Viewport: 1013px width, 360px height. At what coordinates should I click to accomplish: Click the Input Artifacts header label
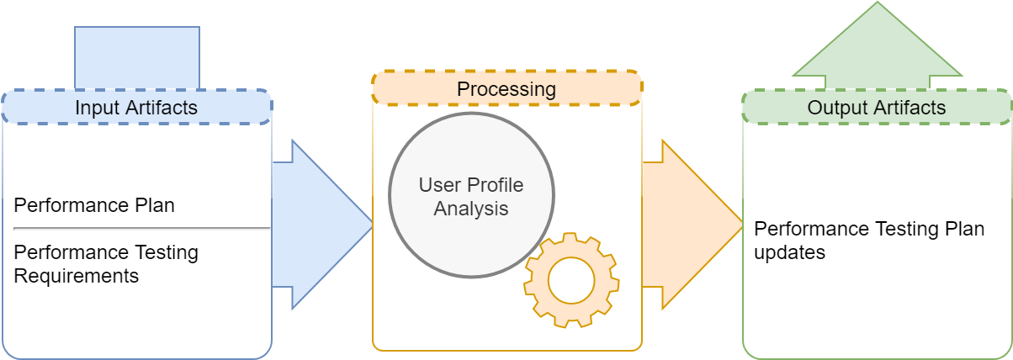point(136,108)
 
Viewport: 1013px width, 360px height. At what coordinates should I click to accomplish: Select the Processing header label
point(506,89)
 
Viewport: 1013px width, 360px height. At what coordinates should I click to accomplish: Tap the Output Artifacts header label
point(877,108)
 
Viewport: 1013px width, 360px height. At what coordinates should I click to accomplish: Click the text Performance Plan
point(94,205)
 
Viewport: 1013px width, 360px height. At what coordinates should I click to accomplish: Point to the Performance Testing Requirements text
point(106,264)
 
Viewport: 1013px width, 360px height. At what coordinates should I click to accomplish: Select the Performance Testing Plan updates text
point(869,241)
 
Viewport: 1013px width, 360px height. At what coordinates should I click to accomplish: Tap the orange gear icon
point(571,280)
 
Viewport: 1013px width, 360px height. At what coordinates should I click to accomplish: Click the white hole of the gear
point(571,280)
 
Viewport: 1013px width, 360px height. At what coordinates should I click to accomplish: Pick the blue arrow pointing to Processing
point(322,225)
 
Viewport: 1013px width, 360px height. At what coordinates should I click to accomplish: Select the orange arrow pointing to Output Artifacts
point(692,225)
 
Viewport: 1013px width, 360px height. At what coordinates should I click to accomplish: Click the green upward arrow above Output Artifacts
point(878,45)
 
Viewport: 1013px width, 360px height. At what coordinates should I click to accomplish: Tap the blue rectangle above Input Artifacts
point(137,58)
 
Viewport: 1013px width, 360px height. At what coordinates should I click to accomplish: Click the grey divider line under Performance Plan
point(142,229)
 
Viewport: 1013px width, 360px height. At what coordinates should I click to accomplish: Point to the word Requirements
point(77,276)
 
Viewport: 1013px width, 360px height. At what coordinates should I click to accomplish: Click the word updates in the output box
point(789,252)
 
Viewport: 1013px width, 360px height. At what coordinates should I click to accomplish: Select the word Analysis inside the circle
point(471,209)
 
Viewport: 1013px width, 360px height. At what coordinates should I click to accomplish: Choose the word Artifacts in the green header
point(910,108)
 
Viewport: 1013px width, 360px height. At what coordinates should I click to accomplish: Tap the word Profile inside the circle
point(496,185)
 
